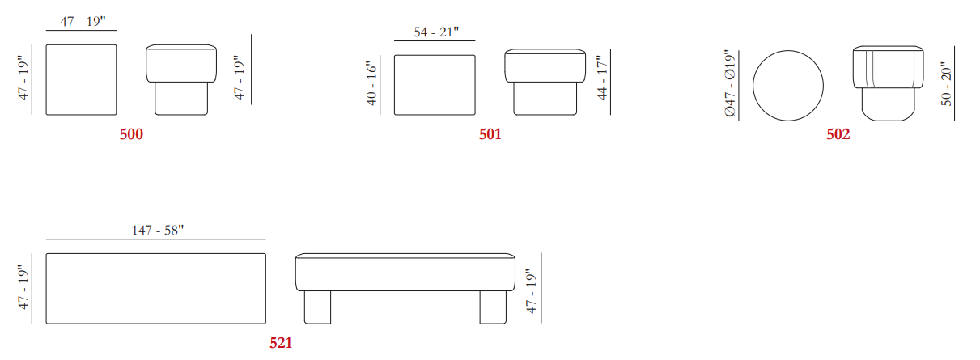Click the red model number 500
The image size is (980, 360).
pyautogui.click(x=131, y=133)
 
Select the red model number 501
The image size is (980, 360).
pyautogui.click(x=490, y=133)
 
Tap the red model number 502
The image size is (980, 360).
pyautogui.click(x=838, y=133)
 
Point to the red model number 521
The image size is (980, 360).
pyautogui.click(x=281, y=342)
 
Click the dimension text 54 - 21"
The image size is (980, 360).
pyautogui.click(x=436, y=32)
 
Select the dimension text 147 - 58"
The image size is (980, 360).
pyautogui.click(x=158, y=230)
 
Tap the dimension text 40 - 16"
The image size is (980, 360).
pyautogui.click(x=371, y=83)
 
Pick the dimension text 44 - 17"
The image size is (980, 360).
pyautogui.click(x=602, y=78)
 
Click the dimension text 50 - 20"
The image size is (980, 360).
pyautogui.click(x=946, y=83)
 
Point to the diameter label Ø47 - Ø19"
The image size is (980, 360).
pyautogui.click(x=730, y=83)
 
